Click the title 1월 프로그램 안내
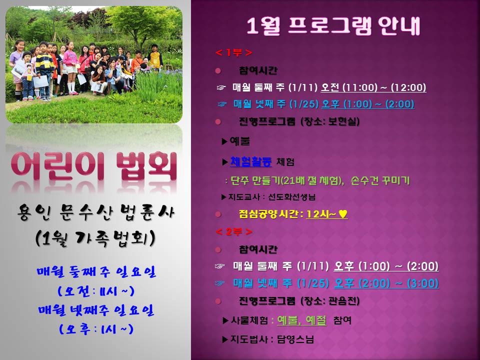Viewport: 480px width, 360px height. click(333, 25)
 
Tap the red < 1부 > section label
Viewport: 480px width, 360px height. click(234, 52)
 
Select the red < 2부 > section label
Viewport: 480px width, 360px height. click(234, 231)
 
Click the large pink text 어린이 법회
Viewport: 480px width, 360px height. click(94, 165)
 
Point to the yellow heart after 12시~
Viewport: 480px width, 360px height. click(343, 214)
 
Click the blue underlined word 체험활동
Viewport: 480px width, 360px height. click(250, 161)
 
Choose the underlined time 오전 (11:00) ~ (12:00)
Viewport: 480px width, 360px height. click(373, 87)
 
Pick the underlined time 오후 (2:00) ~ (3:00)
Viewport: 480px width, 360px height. click(386, 283)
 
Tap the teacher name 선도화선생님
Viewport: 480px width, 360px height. click(291, 197)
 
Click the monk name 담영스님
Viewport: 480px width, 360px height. click(295, 339)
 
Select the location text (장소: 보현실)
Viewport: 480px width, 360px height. click(330, 121)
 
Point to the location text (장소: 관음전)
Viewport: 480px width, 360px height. click(330, 301)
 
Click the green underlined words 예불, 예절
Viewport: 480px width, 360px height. click(302, 320)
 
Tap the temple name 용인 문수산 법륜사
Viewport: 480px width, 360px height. click(95, 212)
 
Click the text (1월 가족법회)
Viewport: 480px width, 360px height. click(95, 238)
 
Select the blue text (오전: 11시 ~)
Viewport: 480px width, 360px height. click(96, 290)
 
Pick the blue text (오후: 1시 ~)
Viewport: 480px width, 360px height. click(96, 329)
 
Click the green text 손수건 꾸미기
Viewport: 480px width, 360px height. click(380, 180)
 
